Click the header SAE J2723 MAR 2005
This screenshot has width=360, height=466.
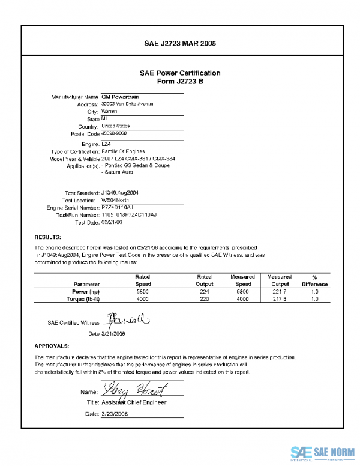(180, 44)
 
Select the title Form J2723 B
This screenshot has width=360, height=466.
(180, 82)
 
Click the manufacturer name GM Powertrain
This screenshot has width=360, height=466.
(118, 97)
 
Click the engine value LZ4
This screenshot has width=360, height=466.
(106, 144)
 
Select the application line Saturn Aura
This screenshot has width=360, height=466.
(119, 172)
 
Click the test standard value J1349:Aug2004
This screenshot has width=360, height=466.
(120, 192)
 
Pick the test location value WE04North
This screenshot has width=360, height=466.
(116, 199)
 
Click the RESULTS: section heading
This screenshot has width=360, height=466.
(46, 237)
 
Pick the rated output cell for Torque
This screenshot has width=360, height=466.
(205, 298)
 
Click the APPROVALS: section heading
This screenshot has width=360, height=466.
(52, 346)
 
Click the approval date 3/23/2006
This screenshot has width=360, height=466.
(115, 414)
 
